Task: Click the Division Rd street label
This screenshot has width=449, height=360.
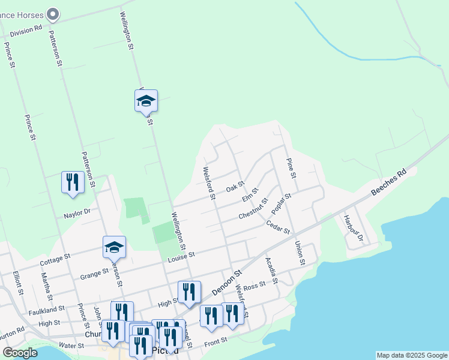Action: (x=21, y=28)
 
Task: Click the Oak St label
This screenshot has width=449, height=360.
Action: (x=235, y=188)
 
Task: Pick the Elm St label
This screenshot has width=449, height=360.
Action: (x=250, y=195)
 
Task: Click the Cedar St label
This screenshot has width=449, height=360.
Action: (x=278, y=227)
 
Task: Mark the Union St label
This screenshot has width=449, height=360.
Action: (x=299, y=253)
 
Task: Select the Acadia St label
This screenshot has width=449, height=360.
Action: (x=271, y=271)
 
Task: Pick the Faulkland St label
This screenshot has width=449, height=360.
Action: (x=46, y=310)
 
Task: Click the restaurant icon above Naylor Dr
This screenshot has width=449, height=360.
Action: (x=73, y=182)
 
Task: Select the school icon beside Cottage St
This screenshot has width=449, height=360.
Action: (x=114, y=247)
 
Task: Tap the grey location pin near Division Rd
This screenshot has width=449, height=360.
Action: (x=53, y=13)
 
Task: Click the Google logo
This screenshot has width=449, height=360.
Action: (x=20, y=353)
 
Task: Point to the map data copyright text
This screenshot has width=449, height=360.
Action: (x=411, y=355)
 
